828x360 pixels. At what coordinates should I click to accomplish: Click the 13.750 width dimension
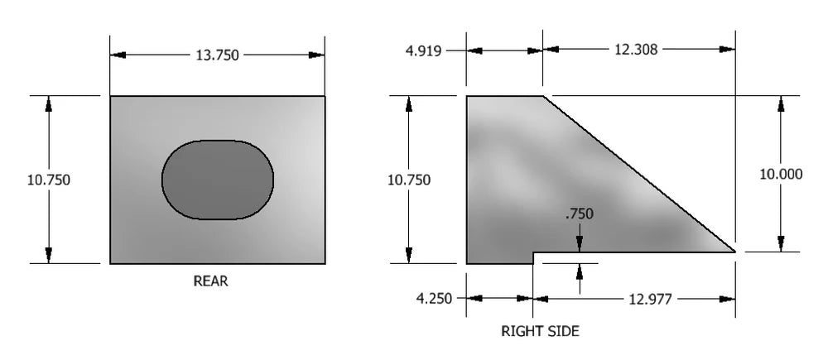[x=217, y=55]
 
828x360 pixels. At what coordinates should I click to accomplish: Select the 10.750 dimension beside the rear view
[x=49, y=180]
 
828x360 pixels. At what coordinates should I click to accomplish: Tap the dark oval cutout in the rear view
[x=218, y=180]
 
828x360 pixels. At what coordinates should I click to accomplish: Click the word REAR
[x=210, y=281]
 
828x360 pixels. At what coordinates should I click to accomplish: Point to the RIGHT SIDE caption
[x=540, y=332]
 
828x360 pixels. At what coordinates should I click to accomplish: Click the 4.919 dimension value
[x=423, y=51]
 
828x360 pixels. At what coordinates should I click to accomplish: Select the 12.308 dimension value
[x=636, y=50]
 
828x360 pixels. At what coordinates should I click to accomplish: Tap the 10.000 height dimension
[x=781, y=174]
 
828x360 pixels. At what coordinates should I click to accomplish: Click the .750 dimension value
[x=580, y=214]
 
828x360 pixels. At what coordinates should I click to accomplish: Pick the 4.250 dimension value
[x=434, y=299]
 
